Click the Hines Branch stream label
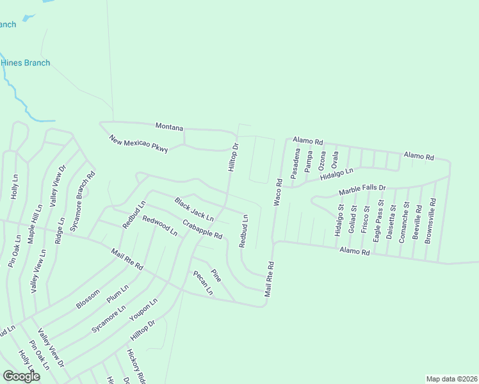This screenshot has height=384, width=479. [26, 63]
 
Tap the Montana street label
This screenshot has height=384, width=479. [169, 127]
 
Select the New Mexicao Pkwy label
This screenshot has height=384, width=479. [138, 144]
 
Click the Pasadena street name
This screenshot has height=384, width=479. [296, 164]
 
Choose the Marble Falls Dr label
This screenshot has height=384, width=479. [362, 189]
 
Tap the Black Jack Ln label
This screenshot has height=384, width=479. [194, 209]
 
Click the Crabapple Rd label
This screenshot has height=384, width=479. [202, 229]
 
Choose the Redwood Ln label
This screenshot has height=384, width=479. [159, 226]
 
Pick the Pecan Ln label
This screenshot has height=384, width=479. [203, 282]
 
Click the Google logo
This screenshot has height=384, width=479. [22, 376]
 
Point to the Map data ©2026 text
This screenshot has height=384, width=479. [451, 379]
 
